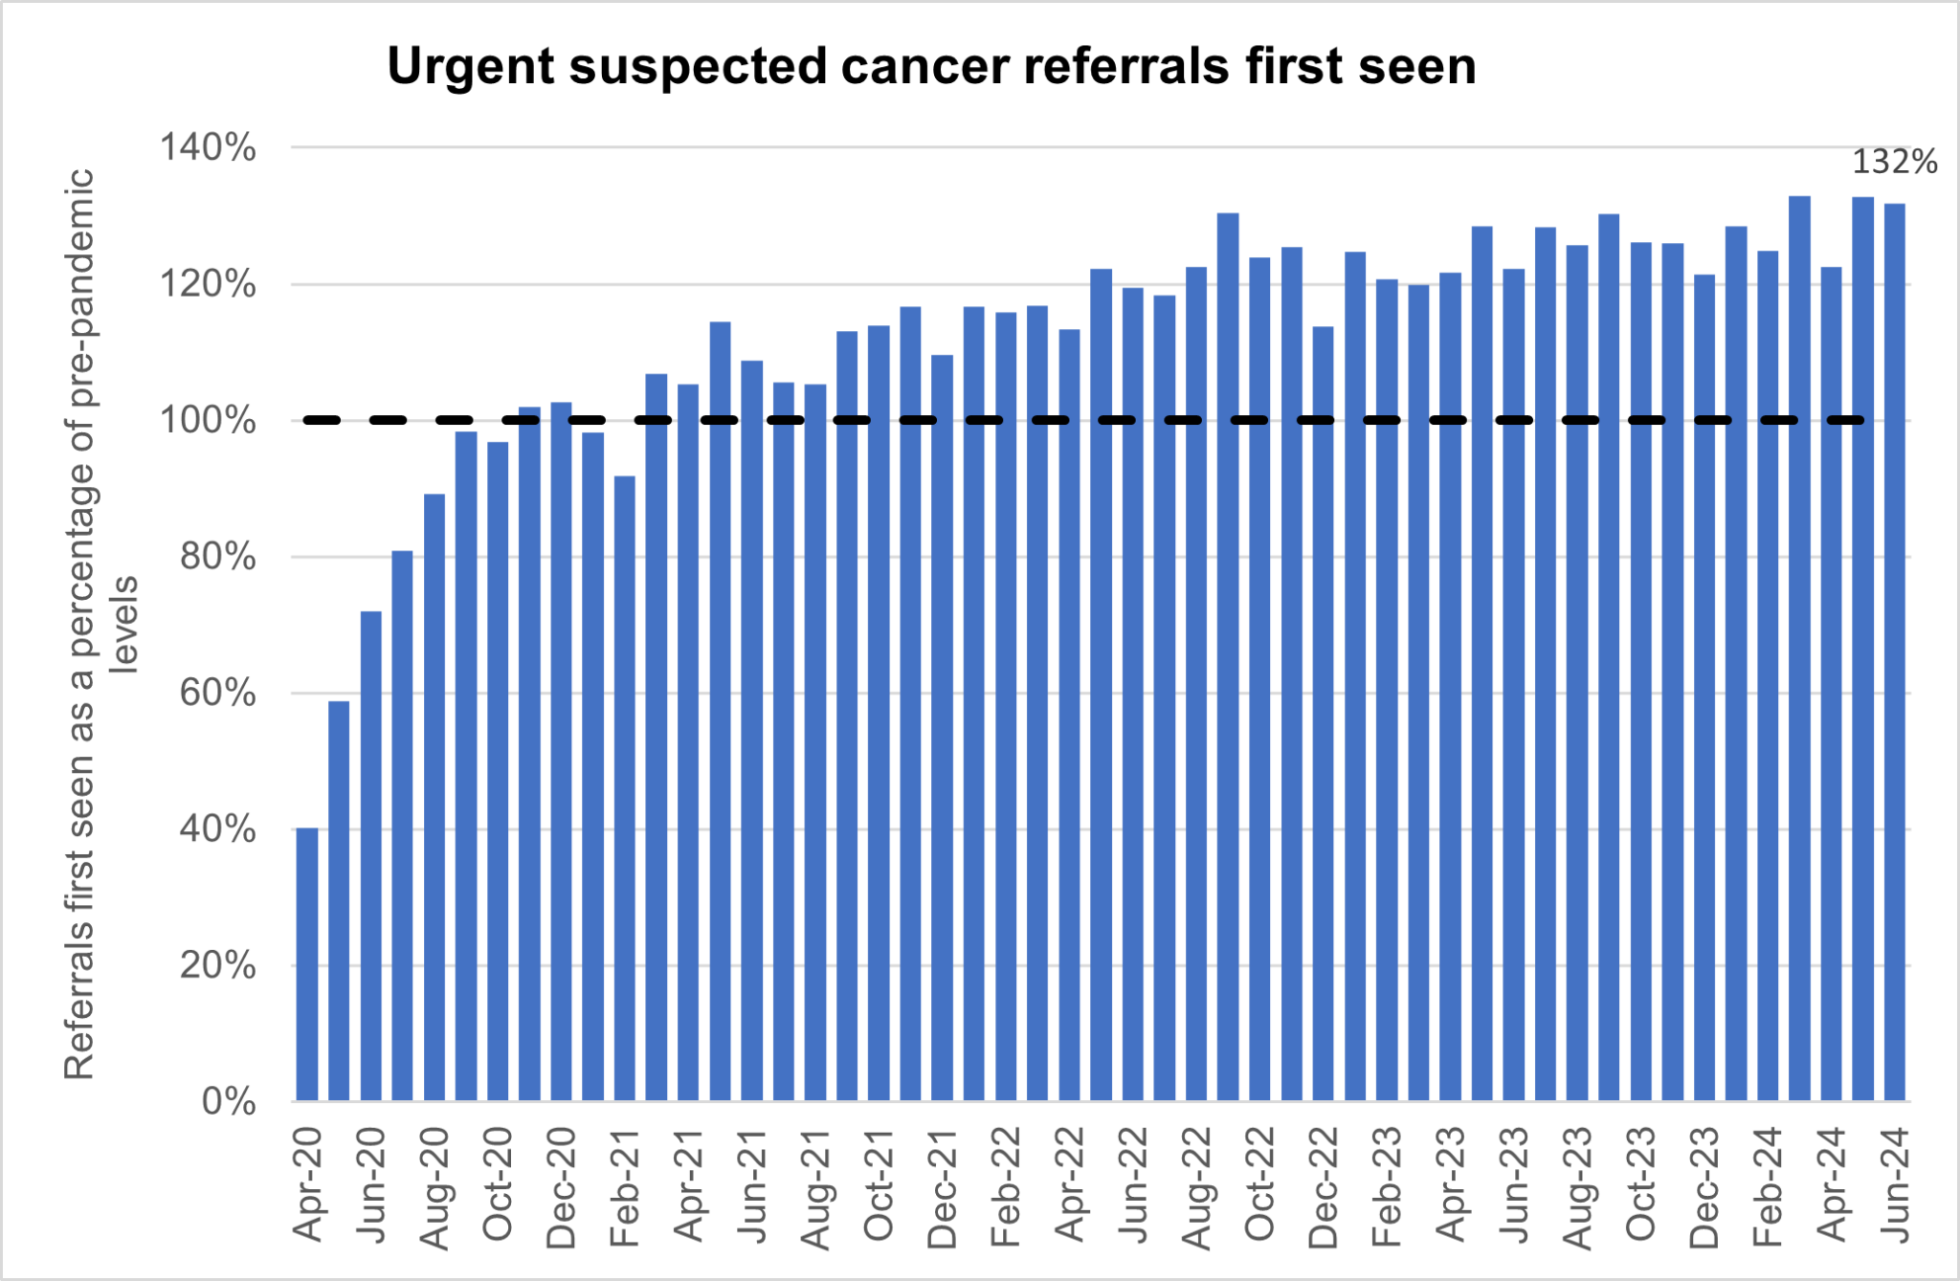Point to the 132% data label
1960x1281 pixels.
[1894, 163]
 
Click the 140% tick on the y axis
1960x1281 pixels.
[208, 148]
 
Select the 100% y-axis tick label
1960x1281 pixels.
[208, 421]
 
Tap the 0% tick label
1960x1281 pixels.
[229, 1101]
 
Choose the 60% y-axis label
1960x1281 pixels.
[217, 693]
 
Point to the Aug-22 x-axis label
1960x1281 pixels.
[1196, 1187]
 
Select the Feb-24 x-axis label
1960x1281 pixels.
[1768, 1186]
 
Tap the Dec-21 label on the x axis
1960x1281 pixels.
[942, 1187]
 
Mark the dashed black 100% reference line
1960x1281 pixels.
[1081, 420]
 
